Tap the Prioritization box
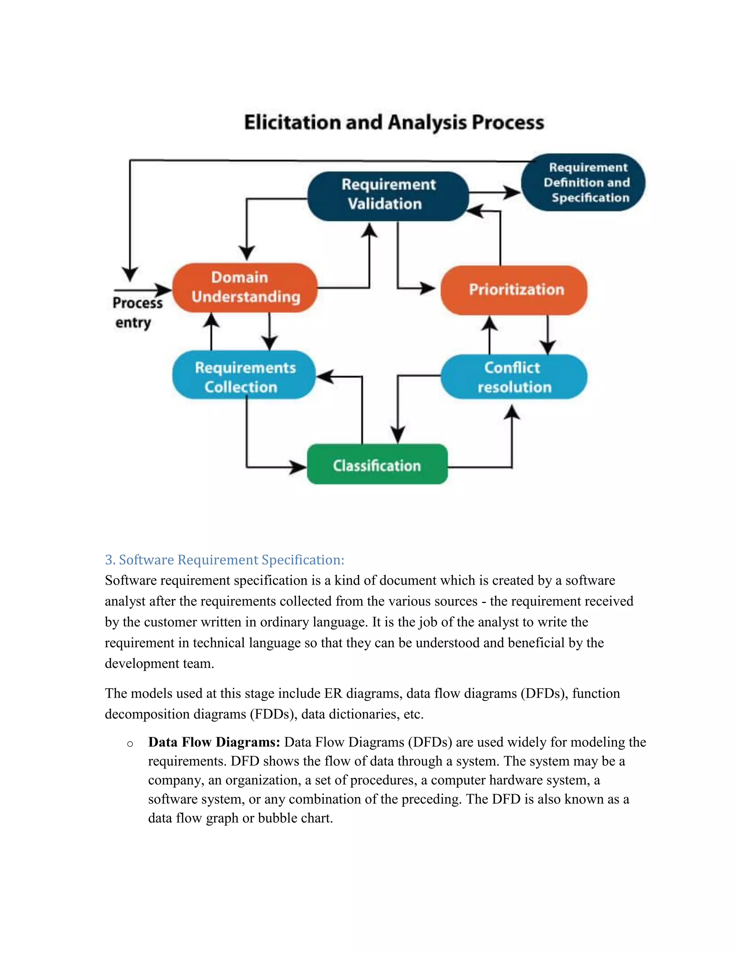click(514, 289)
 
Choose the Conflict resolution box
click(514, 377)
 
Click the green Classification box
click(377, 465)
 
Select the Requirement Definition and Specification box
click(583, 182)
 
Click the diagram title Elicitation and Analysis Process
click(394, 122)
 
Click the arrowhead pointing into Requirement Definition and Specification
click(512, 192)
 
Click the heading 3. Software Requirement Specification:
click(225, 559)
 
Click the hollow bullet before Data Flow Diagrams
click(130, 744)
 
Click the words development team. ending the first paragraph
click(159, 663)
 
